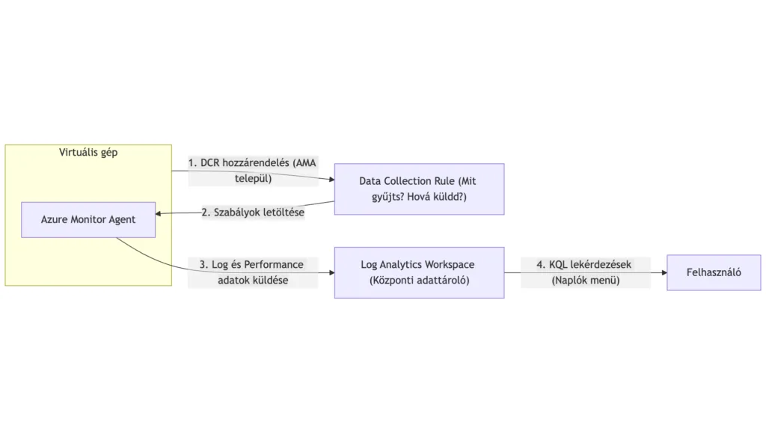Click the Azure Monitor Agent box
point(88,220)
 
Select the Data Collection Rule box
point(419,189)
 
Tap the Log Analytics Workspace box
point(419,272)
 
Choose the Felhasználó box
point(714,272)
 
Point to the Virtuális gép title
point(88,153)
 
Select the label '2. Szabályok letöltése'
point(253,212)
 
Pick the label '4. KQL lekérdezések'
point(585,265)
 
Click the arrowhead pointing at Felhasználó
point(663,273)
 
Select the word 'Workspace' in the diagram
point(449,265)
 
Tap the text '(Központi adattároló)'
point(419,281)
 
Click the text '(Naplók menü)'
point(585,281)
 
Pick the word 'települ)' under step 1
point(253,179)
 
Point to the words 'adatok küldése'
point(253,281)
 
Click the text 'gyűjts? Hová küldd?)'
point(419,197)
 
